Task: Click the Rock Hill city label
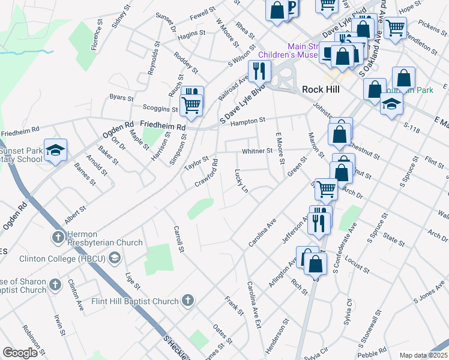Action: [x=321, y=89]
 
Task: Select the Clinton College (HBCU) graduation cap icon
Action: [x=115, y=259]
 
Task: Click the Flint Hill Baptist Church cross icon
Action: [x=188, y=301]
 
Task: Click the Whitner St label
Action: [x=257, y=151]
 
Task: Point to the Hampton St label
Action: [x=248, y=121]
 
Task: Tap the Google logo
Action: [x=20, y=353]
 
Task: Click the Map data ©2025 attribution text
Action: [x=423, y=355]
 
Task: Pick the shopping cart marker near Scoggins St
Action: [x=191, y=104]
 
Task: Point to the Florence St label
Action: [x=95, y=37]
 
